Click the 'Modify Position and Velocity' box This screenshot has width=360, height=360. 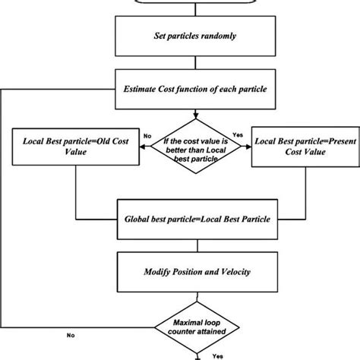(x=197, y=271)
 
